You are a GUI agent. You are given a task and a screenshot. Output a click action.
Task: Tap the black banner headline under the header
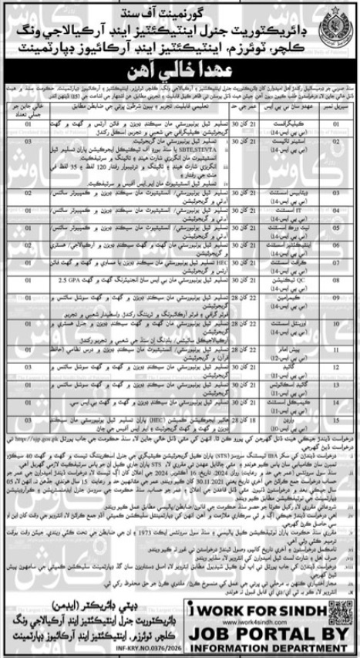[180, 66]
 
